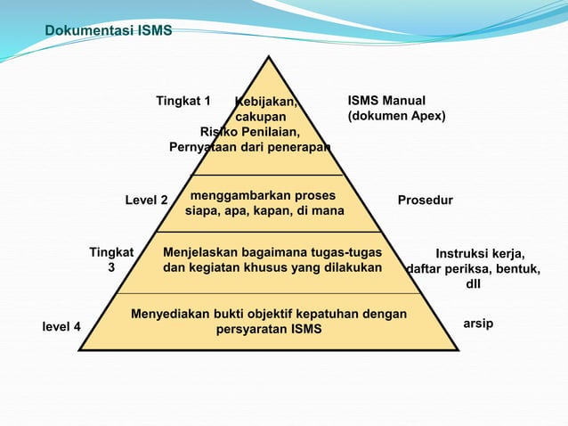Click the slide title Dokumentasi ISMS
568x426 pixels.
(x=109, y=31)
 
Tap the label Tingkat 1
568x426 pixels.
(x=183, y=101)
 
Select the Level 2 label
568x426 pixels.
(x=146, y=200)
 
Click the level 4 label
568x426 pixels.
(x=61, y=326)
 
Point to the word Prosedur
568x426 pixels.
(x=425, y=200)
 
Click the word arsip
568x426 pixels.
(x=478, y=323)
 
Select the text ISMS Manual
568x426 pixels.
(x=386, y=101)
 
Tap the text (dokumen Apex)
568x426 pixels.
(x=396, y=117)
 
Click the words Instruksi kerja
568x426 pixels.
(x=479, y=253)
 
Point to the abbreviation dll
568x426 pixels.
(x=474, y=285)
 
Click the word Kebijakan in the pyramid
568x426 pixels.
(x=264, y=102)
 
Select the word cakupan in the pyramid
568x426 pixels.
(x=260, y=117)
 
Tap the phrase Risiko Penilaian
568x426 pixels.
(x=249, y=132)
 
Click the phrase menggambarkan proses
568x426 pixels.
(x=264, y=193)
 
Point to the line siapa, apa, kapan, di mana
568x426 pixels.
(x=264, y=211)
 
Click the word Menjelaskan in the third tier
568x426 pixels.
(x=197, y=251)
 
